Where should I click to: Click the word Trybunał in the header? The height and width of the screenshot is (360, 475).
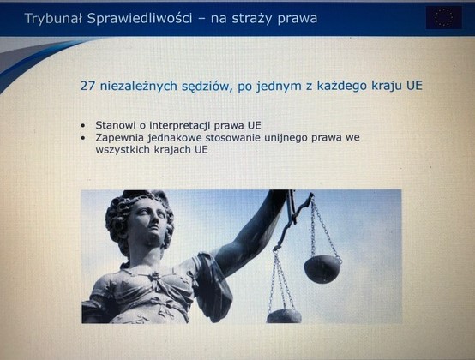(x=53, y=19)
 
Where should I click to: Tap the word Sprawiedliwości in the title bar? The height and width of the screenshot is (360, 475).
(x=140, y=19)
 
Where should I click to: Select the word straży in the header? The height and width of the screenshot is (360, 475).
(x=252, y=20)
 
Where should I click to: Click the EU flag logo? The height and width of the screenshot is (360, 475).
(x=444, y=17)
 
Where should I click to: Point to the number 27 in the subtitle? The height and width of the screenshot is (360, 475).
(x=87, y=86)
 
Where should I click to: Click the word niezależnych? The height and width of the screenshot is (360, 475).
(x=139, y=86)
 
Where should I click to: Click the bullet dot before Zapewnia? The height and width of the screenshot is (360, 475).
(x=83, y=138)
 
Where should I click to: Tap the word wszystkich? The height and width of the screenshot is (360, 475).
(x=123, y=149)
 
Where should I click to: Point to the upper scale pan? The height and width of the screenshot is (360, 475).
(x=322, y=269)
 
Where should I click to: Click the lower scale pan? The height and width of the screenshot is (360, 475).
(x=284, y=316)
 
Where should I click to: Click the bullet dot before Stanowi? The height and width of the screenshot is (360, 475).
(x=83, y=126)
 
